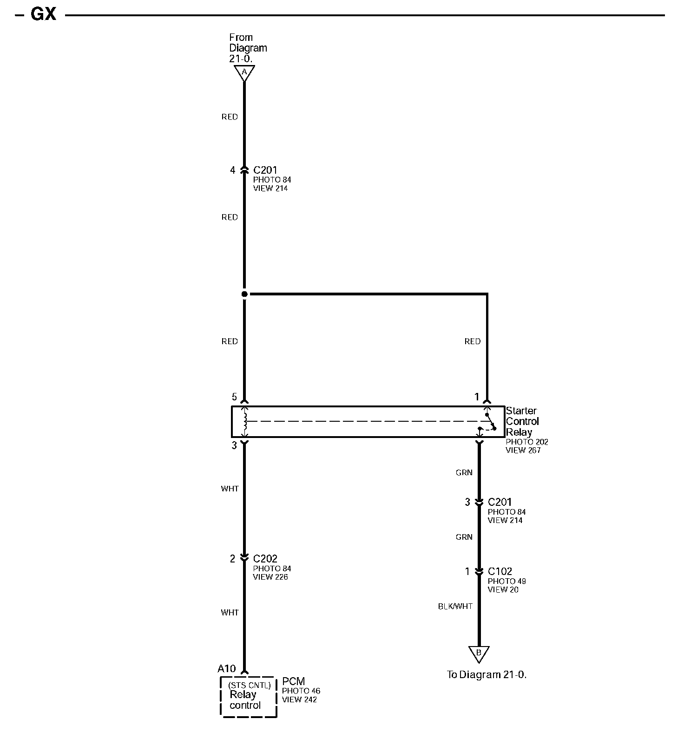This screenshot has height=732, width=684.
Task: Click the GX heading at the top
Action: pyautogui.click(x=43, y=14)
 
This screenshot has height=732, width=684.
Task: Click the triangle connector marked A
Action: pyautogui.click(x=244, y=72)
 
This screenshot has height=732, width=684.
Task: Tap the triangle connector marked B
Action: pyautogui.click(x=479, y=653)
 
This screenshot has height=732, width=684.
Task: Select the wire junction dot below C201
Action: pyautogui.click(x=244, y=294)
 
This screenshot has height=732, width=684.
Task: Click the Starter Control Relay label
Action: pyautogui.click(x=522, y=421)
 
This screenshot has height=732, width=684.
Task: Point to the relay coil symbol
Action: pyautogui.click(x=245, y=421)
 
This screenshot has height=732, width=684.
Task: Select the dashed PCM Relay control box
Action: pyautogui.click(x=249, y=697)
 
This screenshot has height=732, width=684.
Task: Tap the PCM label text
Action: pyautogui.click(x=293, y=681)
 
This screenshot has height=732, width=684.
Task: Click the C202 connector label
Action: pyautogui.click(x=265, y=559)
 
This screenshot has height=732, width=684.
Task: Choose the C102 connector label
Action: pyautogui.click(x=500, y=571)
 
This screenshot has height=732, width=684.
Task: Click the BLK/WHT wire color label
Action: pyautogui.click(x=455, y=606)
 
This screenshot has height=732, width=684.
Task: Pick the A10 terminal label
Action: pyautogui.click(x=227, y=668)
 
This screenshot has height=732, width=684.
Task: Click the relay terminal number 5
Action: pyautogui.click(x=234, y=397)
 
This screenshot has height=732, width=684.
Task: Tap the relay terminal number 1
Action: pyautogui.click(x=476, y=397)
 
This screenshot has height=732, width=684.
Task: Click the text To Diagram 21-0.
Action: pyautogui.click(x=487, y=674)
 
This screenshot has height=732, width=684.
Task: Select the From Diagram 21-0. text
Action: pyautogui.click(x=248, y=48)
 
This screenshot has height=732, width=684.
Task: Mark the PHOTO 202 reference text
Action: pyautogui.click(x=527, y=442)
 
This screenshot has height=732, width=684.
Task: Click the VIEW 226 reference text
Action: pyautogui.click(x=270, y=577)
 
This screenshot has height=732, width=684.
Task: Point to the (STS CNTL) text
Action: pyautogui.click(x=249, y=685)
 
